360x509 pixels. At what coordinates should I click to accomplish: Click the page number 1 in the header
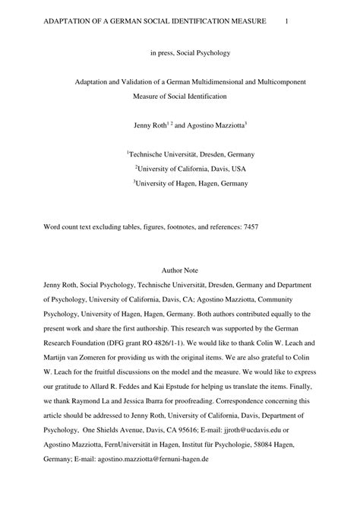286,22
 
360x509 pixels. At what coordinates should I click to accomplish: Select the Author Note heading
180,270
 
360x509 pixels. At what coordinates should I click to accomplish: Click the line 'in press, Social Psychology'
180,54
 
